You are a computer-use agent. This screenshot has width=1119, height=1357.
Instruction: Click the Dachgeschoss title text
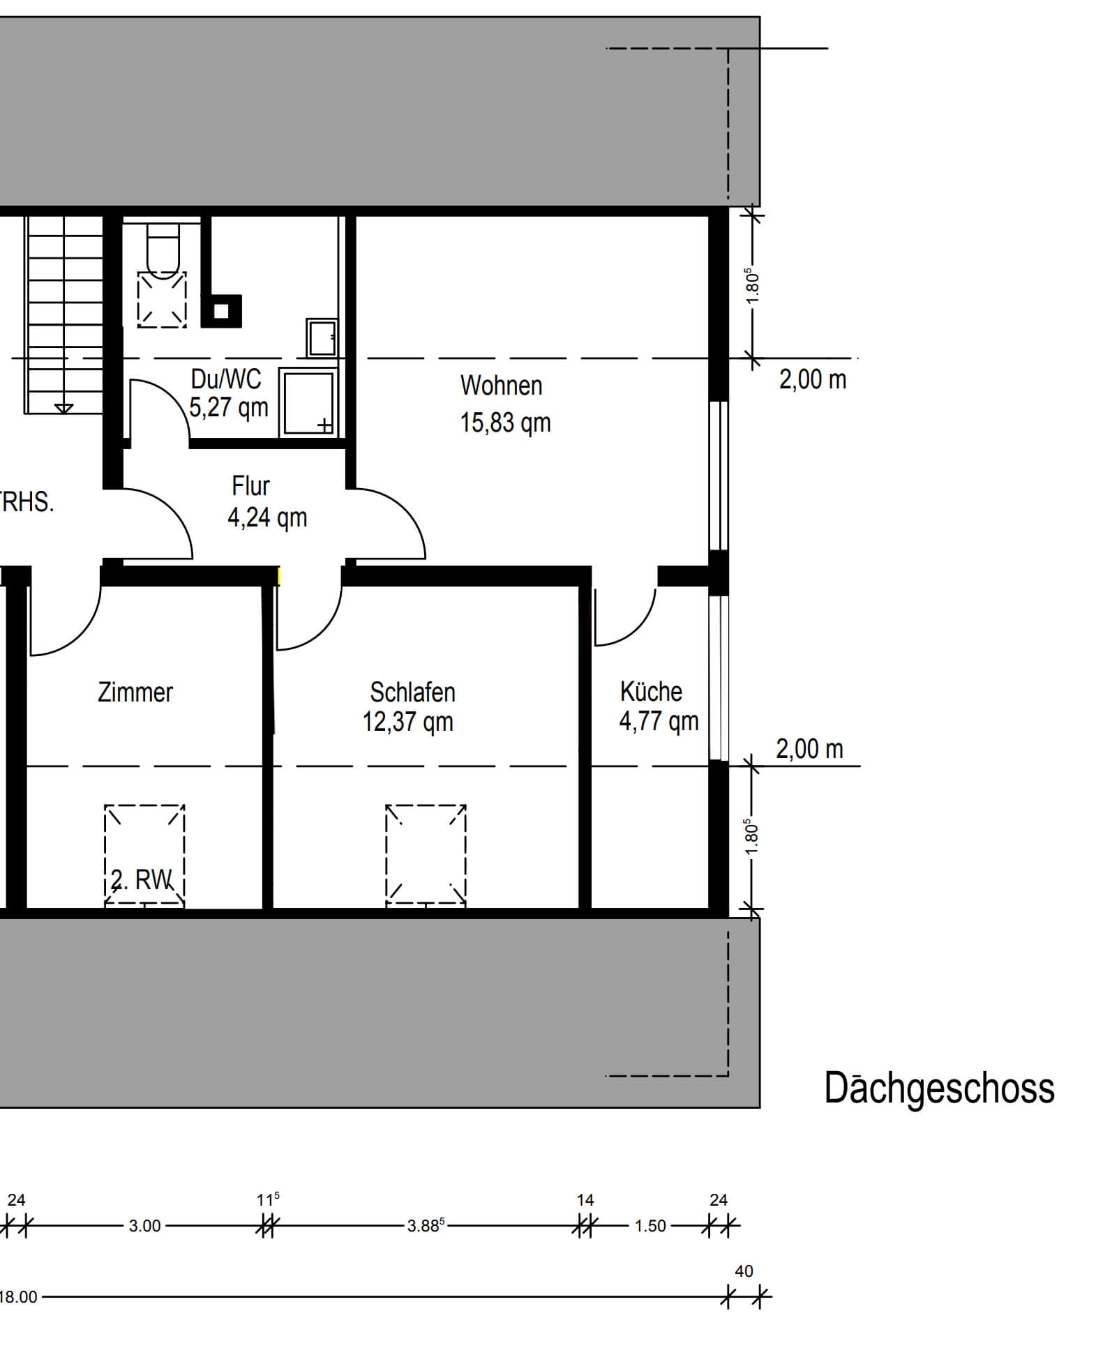tap(939, 1089)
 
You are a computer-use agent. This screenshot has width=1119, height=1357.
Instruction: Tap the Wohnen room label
tap(501, 386)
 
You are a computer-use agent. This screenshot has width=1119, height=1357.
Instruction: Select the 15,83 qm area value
tap(505, 423)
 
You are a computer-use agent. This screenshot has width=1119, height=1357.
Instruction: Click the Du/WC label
tap(226, 379)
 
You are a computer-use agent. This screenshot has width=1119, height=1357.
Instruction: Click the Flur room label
tap(250, 485)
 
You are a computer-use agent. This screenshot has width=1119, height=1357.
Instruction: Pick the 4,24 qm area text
tap(267, 517)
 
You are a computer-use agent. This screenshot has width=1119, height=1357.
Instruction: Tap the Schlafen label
tap(412, 692)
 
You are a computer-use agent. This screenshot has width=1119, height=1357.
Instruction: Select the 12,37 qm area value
tap(407, 722)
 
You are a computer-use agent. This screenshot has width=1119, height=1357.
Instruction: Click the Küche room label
tap(651, 691)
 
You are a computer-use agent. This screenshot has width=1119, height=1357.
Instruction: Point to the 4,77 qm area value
tap(659, 721)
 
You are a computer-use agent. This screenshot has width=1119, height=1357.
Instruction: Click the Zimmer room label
tap(135, 692)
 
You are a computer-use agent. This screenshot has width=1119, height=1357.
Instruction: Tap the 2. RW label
tap(141, 879)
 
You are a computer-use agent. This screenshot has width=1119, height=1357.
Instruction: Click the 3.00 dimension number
tap(144, 1226)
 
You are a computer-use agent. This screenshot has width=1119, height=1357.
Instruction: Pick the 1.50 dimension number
tap(650, 1226)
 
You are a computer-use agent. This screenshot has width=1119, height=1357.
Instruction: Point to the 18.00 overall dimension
tap(18, 1297)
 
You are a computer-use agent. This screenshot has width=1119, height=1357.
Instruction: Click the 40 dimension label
tap(744, 1271)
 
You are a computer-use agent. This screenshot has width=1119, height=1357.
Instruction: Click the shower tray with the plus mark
tap(308, 402)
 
